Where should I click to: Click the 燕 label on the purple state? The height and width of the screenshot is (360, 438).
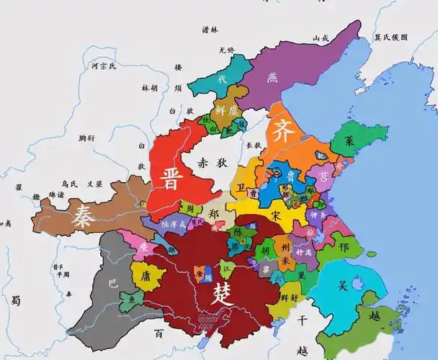[x=272, y=76]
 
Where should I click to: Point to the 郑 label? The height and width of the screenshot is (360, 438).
[x=213, y=214]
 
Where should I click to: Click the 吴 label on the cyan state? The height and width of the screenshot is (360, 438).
[x=343, y=285]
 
